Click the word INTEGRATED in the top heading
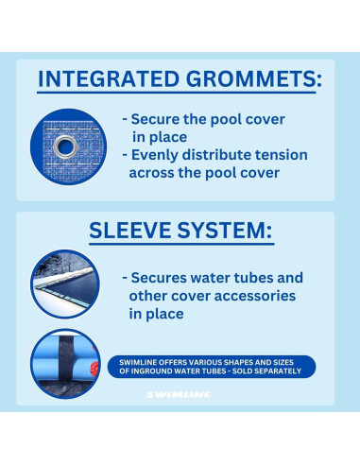108,79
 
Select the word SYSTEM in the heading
228,230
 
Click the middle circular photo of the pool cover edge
64,284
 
